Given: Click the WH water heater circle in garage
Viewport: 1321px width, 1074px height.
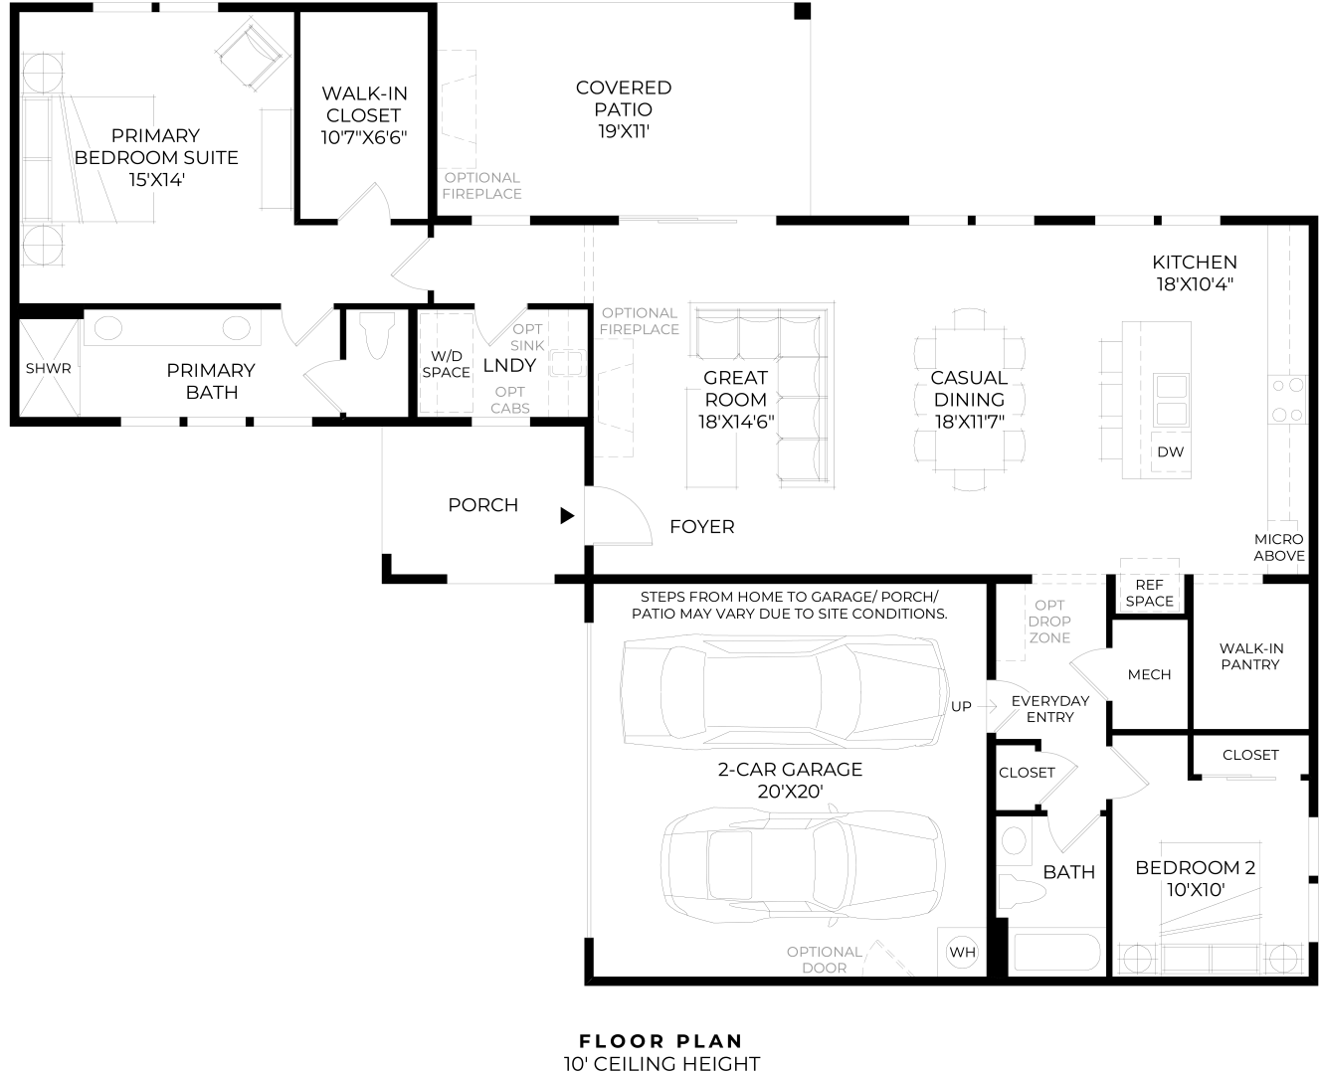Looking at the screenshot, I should click(x=962, y=952).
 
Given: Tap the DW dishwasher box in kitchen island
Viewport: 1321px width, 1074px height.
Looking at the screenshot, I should click(x=1170, y=451).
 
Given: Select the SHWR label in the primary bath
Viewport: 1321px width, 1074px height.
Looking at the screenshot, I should click(x=48, y=369).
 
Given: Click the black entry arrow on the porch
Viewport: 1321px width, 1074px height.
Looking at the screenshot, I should click(x=567, y=515).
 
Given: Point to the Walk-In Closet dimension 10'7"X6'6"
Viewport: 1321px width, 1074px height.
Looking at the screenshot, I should click(x=364, y=137).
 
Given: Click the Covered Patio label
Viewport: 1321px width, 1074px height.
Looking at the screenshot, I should click(x=624, y=98).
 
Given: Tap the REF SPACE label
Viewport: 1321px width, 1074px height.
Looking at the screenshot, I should click(x=1149, y=594).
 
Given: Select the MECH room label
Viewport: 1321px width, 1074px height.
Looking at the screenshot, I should click(x=1149, y=674).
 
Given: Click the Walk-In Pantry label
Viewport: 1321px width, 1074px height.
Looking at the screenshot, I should click(x=1249, y=656).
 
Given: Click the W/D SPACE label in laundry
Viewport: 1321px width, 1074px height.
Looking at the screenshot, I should click(x=446, y=364).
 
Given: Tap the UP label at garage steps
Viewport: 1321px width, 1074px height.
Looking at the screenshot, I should click(x=961, y=707).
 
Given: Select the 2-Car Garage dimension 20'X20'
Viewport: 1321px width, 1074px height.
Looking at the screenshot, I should click(x=790, y=792).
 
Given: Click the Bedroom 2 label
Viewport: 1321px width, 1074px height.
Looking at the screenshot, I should click(x=1195, y=868).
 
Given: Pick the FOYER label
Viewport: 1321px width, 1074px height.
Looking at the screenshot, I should click(x=701, y=527).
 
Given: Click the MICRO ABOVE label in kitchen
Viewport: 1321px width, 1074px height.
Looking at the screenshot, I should click(x=1278, y=547).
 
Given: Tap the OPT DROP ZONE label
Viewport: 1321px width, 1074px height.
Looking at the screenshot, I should click(x=1049, y=622).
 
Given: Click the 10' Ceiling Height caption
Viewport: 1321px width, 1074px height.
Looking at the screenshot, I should click(x=660, y=1063).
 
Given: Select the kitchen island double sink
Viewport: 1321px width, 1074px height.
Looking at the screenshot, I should click(x=1170, y=399).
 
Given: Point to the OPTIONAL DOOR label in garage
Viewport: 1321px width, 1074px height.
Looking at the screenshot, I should click(x=824, y=960).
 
